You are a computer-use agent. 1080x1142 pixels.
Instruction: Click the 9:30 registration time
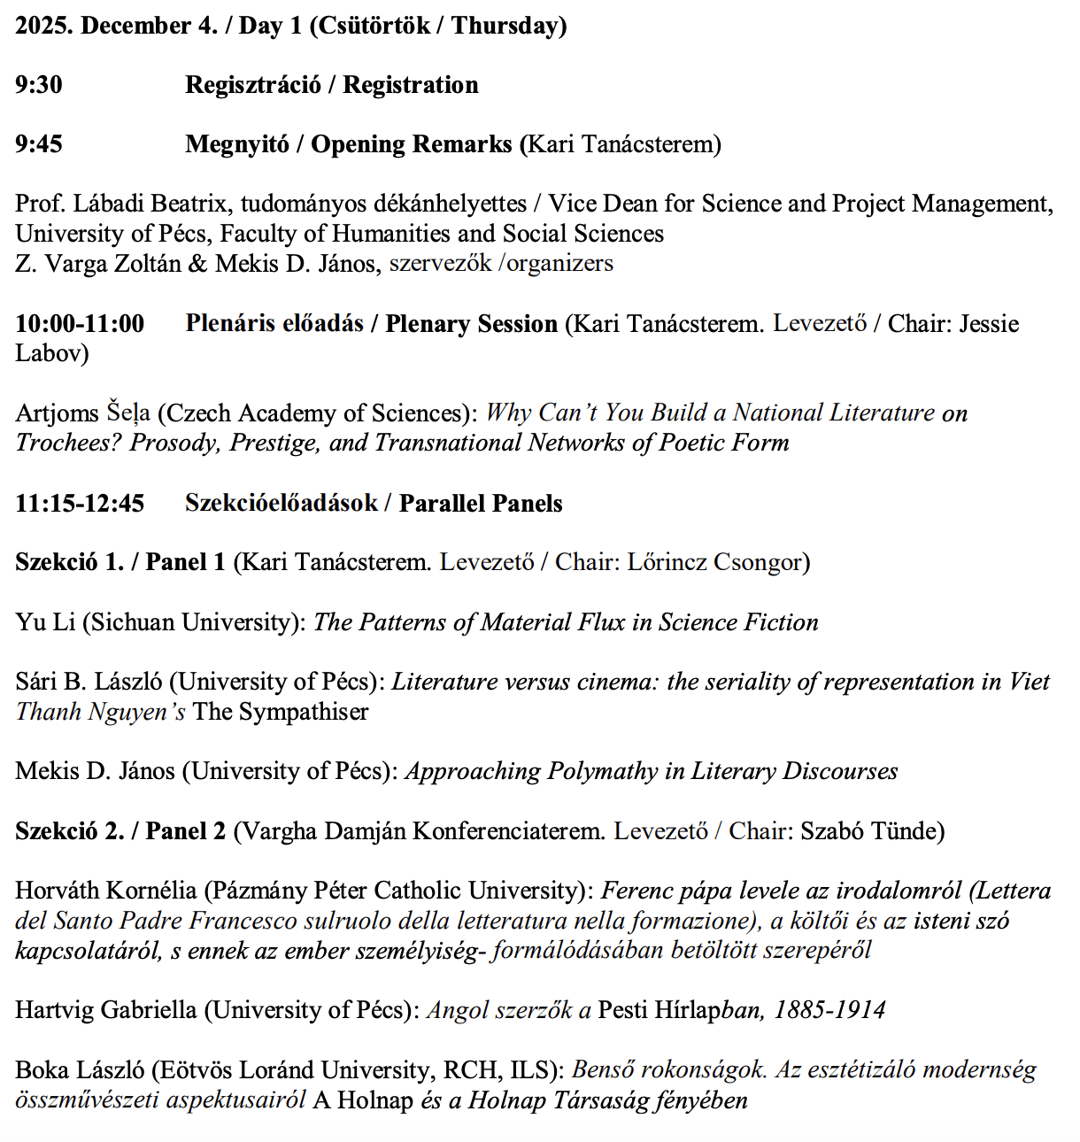coord(39,85)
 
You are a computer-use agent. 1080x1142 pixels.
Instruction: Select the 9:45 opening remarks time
coord(39,144)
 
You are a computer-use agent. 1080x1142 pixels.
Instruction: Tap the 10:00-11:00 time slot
coord(80,324)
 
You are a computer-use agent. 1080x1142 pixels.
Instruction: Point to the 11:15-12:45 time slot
coord(80,504)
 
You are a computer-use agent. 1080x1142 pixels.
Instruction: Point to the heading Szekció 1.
coord(69,562)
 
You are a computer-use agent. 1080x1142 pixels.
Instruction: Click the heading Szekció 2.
coord(69,831)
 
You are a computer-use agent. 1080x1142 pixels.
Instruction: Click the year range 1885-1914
coord(829,1010)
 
